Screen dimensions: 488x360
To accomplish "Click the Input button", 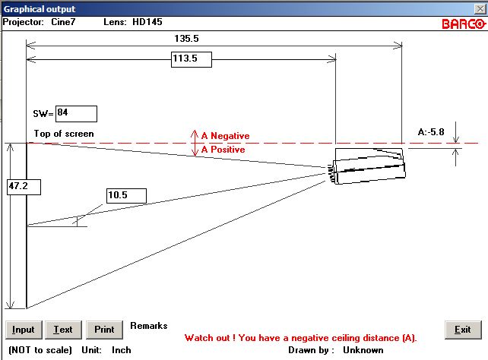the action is [x=24, y=330].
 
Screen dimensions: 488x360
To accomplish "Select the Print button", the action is [x=104, y=330].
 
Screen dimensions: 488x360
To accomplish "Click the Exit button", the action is [x=463, y=330].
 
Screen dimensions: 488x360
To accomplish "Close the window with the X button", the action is [x=480, y=8].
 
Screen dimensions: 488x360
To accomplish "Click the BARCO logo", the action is [x=464, y=24].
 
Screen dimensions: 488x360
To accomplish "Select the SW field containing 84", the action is [x=76, y=114].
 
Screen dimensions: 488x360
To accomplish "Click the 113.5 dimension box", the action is [x=192, y=59].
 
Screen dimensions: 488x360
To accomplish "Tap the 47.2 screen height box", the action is [x=24, y=187].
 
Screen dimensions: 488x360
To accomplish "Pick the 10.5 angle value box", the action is [x=126, y=196].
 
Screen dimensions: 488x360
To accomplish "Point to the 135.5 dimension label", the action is [x=186, y=39].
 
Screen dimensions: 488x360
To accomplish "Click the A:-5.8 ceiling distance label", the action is [x=431, y=132].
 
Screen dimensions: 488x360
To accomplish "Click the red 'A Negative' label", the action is [x=225, y=136].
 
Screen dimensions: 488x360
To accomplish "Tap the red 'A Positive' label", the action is [x=223, y=150].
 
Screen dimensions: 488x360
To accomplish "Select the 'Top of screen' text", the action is [x=64, y=134].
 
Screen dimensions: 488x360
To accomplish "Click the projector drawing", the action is [x=367, y=166].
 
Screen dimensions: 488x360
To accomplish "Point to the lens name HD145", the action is [x=147, y=22].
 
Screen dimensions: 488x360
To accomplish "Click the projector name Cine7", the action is [x=63, y=22].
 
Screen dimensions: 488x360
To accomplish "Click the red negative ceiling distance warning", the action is [x=301, y=338].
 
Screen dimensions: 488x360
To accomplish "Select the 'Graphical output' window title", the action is [x=40, y=9].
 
